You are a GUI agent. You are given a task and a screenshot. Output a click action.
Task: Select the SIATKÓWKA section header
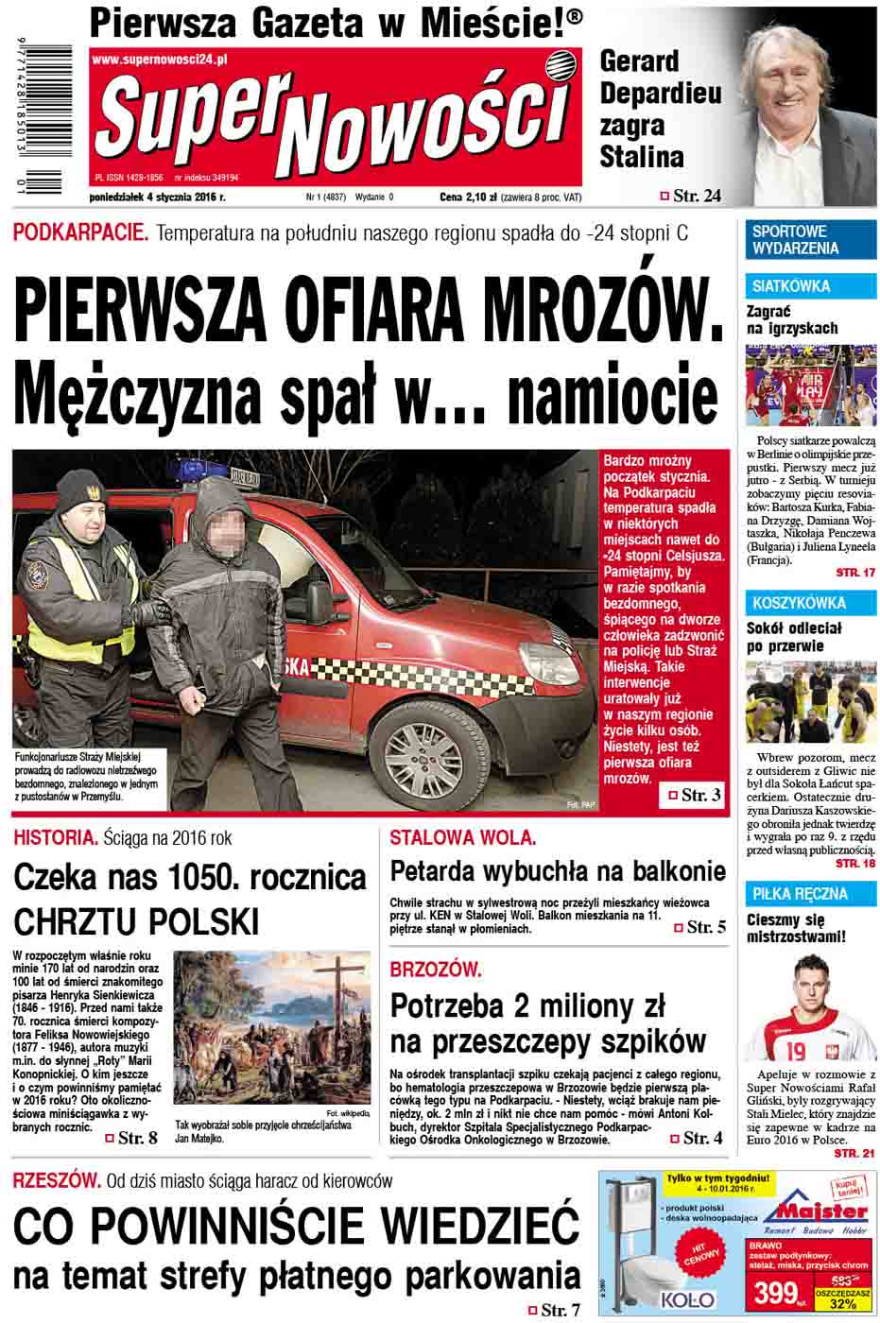(791, 285)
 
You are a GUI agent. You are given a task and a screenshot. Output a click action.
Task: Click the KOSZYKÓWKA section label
(799, 603)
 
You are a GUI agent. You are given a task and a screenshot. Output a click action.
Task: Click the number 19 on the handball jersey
(796, 1048)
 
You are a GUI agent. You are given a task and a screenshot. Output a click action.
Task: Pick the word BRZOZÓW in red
(436, 970)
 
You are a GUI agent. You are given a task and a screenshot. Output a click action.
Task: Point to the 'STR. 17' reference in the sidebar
(855, 573)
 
